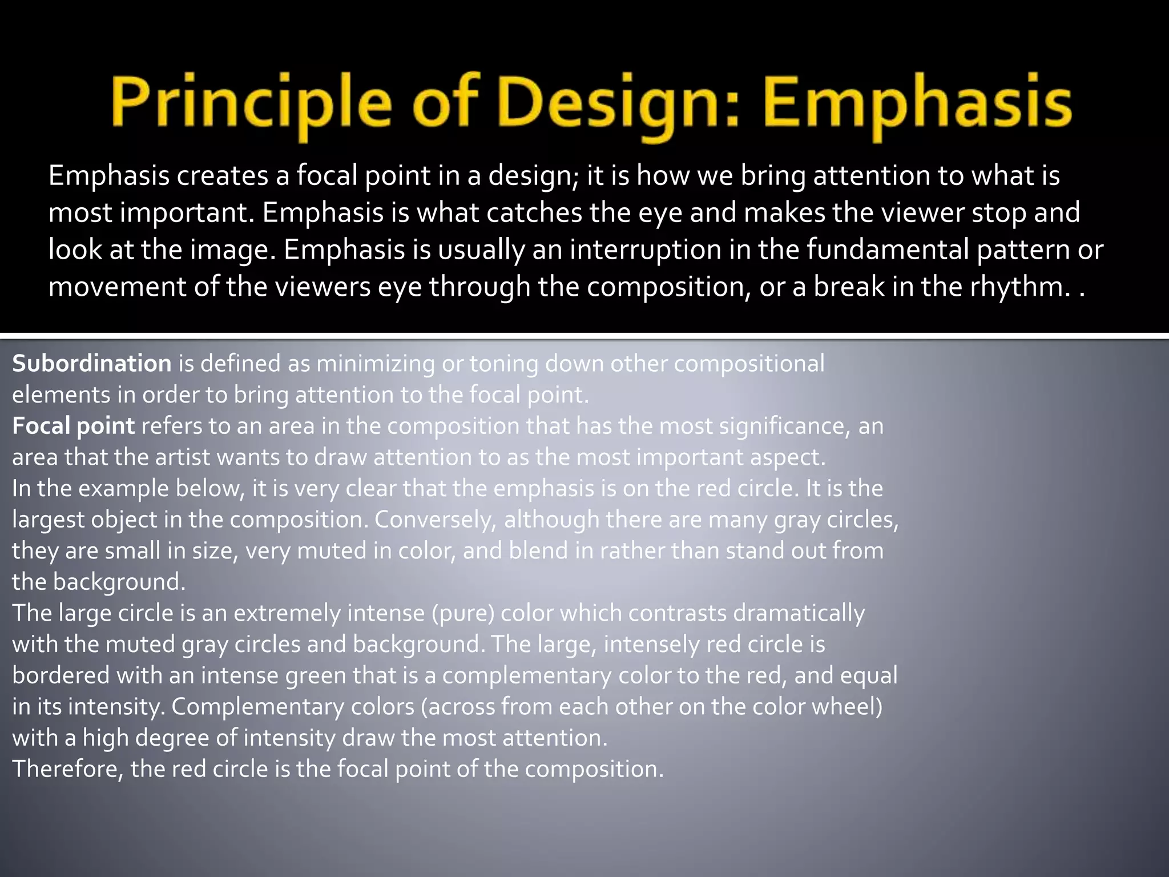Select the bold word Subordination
(x=92, y=364)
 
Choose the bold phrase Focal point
(x=74, y=426)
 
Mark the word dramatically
(x=799, y=613)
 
